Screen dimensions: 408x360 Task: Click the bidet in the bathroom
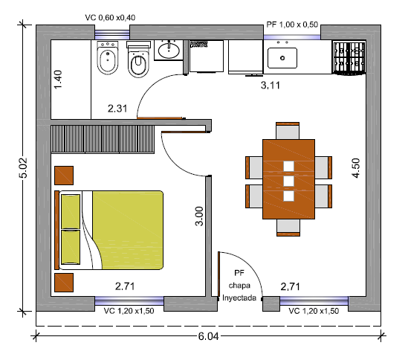(108, 58)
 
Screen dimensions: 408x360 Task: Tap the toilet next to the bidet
(138, 60)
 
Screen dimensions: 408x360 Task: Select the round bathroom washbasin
(169, 51)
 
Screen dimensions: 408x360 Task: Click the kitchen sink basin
(282, 58)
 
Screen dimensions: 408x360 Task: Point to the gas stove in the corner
(349, 58)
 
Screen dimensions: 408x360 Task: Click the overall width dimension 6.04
(208, 336)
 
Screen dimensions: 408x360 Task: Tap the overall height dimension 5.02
(23, 168)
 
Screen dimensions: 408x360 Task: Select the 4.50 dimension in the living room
(356, 168)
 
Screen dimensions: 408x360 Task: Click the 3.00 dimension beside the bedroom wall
(199, 216)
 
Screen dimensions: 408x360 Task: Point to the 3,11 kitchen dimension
(271, 86)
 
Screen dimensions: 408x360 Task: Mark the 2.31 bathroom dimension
(117, 109)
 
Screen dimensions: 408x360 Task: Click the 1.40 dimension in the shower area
(58, 80)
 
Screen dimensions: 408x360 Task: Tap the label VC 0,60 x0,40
(110, 18)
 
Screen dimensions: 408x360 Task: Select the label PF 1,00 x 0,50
(292, 25)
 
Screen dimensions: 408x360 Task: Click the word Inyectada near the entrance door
(239, 298)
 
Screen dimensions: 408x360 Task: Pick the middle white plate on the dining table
(288, 181)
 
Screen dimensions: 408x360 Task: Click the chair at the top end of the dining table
(288, 131)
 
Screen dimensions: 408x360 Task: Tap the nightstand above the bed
(64, 176)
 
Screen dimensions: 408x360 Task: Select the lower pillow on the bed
(71, 247)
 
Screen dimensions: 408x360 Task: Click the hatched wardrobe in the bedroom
(103, 139)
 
